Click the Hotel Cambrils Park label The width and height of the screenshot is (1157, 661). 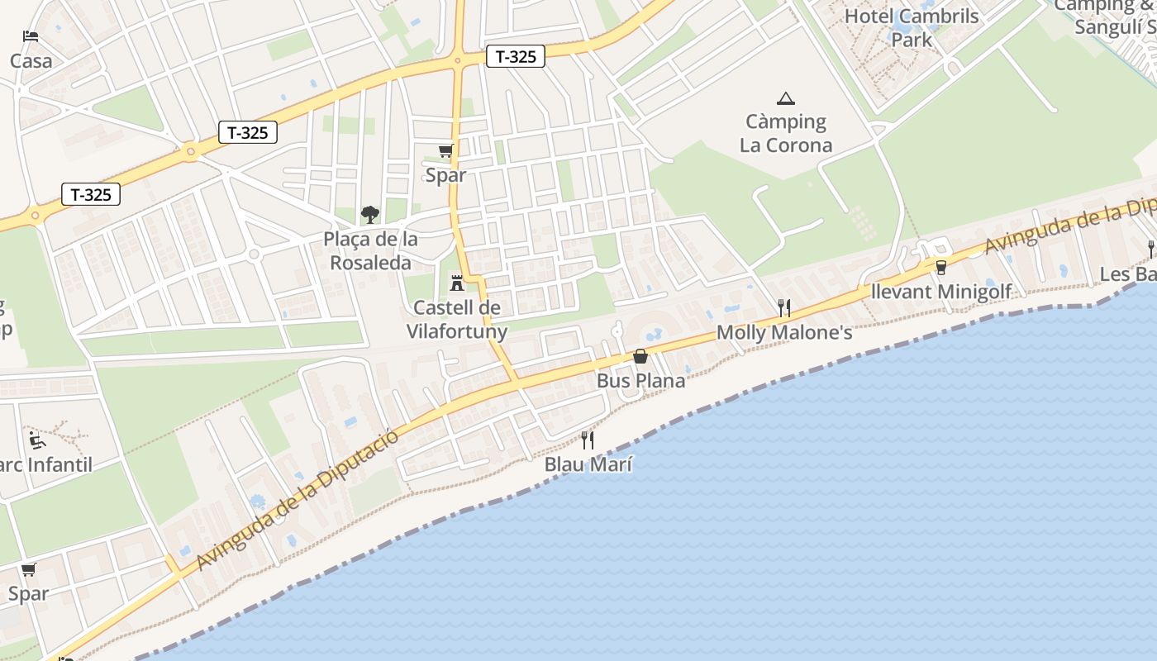click(912, 27)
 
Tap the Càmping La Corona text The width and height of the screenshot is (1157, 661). click(786, 133)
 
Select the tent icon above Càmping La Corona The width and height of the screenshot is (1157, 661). click(786, 98)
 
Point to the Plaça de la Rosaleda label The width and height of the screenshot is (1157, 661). click(370, 250)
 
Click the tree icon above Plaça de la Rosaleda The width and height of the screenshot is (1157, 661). click(370, 215)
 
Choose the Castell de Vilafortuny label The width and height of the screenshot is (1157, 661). click(457, 320)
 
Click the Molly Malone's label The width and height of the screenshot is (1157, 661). click(784, 332)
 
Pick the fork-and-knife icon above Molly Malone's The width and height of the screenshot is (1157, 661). click(784, 308)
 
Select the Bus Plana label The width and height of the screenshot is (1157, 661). click(640, 381)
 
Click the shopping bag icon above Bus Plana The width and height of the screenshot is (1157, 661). click(640, 356)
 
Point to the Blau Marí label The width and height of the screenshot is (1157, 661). click(588, 464)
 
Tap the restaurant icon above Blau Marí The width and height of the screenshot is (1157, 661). click(588, 440)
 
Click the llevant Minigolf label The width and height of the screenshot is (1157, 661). click(941, 292)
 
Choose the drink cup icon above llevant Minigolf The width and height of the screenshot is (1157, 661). click(940, 267)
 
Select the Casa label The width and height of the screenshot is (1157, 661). click(31, 60)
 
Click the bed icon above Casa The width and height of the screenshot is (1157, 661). click(31, 36)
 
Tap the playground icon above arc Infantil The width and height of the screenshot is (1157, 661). click(37, 439)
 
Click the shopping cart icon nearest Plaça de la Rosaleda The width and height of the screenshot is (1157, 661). click(445, 150)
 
